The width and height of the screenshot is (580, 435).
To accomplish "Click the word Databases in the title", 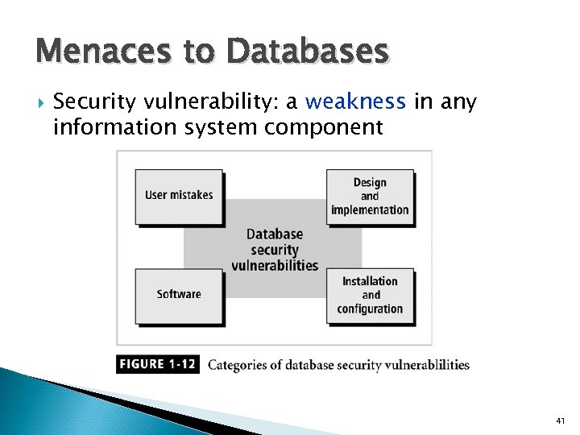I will (x=308, y=53).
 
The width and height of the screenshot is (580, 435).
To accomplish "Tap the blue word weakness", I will (x=355, y=102).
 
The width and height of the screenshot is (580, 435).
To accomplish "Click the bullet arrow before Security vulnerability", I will (x=41, y=102).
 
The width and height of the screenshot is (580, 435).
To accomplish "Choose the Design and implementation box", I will (x=370, y=196).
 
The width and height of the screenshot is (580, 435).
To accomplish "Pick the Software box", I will (x=179, y=294).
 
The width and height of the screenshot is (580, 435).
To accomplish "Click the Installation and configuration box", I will (x=370, y=295).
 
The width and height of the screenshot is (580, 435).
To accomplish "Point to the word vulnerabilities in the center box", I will (x=275, y=266).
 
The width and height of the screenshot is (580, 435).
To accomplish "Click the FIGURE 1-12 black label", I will (x=157, y=364).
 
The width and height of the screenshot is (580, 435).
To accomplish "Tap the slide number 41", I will (x=561, y=420).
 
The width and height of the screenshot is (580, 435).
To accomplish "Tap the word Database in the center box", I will (x=275, y=234).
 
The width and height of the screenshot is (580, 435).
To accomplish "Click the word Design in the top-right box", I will (x=370, y=182).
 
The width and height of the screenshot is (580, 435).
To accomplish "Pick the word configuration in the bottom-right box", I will (x=370, y=309).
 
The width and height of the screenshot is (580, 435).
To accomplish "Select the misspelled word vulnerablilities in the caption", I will (x=419, y=365).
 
